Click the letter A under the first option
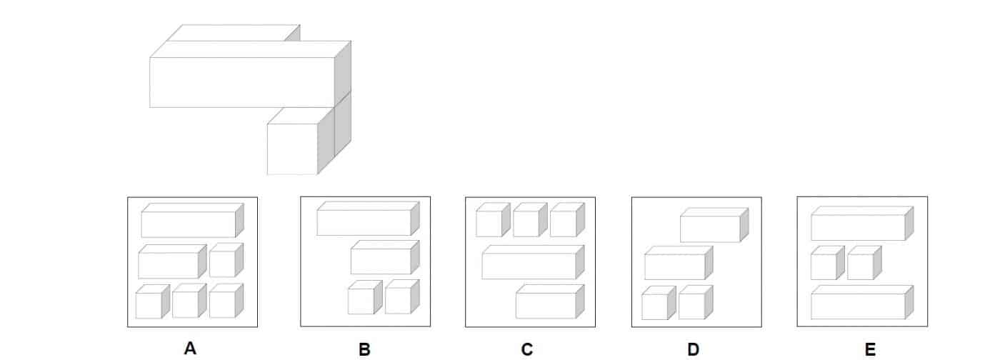[190, 349]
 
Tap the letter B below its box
[364, 349]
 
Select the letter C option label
[526, 349]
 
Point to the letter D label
[693, 349]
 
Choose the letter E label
[870, 349]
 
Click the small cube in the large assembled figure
[292, 149]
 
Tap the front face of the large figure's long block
[241, 82]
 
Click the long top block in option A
[189, 224]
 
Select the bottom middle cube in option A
[185, 304]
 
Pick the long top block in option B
[364, 221]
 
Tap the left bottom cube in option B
[361, 300]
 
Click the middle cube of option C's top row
[526, 223]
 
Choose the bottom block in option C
[546, 304]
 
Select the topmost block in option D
[710, 229]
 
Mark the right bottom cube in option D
[691, 306]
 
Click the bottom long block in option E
[858, 306]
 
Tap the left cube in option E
[824, 266]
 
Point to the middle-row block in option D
[674, 266]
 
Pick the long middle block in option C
[529, 265]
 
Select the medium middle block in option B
[381, 261]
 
